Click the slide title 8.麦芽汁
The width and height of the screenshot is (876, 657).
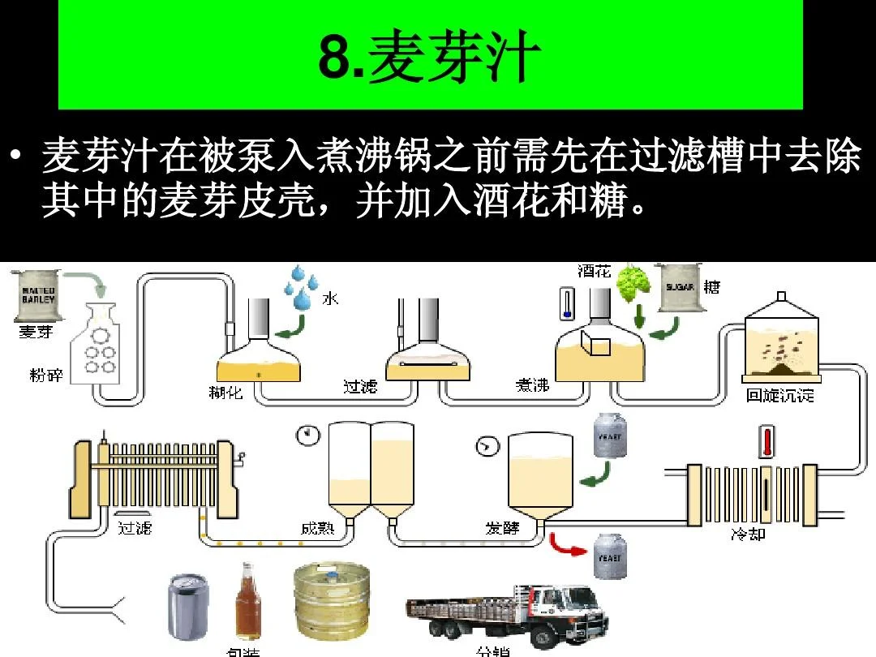pyautogui.click(x=430, y=58)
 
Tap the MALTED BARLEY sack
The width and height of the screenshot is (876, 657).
pyautogui.click(x=38, y=294)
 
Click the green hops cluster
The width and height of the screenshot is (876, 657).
pyautogui.click(x=633, y=284)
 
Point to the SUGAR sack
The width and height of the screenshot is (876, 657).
pyautogui.click(x=680, y=287)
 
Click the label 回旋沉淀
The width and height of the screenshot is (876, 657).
pyautogui.click(x=779, y=396)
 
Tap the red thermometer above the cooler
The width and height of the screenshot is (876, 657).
pyautogui.click(x=766, y=443)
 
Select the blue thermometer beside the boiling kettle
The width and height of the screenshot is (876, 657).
pyautogui.click(x=567, y=303)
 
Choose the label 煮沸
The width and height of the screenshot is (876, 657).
pyautogui.click(x=532, y=385)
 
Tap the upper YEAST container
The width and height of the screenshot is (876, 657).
pyautogui.click(x=609, y=436)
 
